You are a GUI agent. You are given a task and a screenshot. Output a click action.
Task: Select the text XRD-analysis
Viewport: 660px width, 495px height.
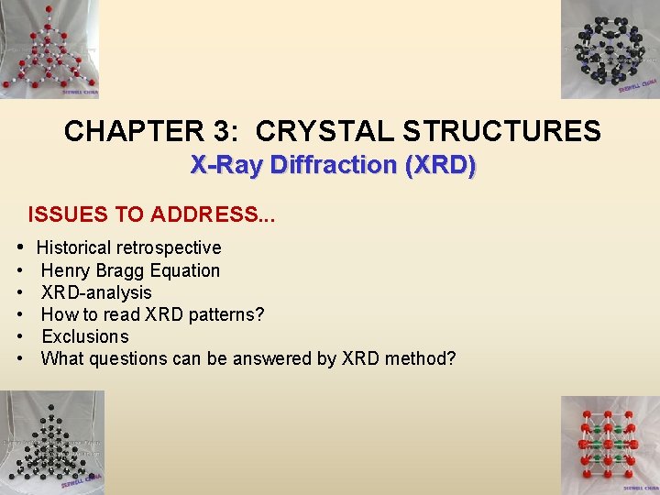click(96, 292)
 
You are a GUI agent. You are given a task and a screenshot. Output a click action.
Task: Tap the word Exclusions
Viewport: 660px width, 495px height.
click(85, 336)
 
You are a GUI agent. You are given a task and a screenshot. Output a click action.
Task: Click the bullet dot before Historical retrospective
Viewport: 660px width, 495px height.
click(20, 247)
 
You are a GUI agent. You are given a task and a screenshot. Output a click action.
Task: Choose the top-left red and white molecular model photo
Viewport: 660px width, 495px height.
click(49, 49)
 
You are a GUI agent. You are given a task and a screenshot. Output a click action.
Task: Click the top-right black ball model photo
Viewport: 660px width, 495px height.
click(610, 49)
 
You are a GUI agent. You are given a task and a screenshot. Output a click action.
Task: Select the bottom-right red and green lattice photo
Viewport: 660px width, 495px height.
click(610, 445)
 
